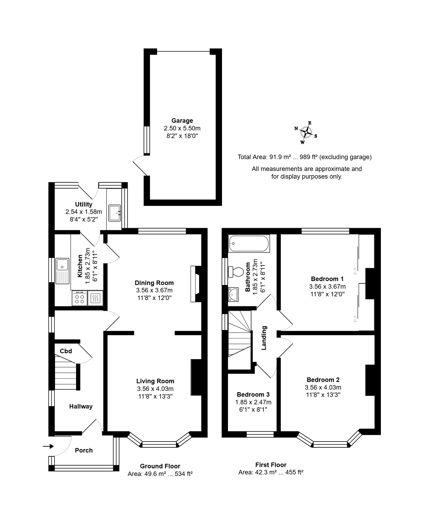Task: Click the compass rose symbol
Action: pyautogui.click(x=306, y=133)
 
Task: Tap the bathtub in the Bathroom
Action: pyautogui.click(x=249, y=244)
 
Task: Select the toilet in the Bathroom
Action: pyautogui.click(x=236, y=272)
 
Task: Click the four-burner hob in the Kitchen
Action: pyautogui.click(x=79, y=298)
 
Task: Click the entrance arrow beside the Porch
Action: pyautogui.click(x=48, y=446)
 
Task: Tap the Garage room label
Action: pyautogui.click(x=182, y=121)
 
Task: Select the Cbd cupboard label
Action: pyautogui.click(x=66, y=351)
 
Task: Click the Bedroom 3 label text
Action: pyautogui.click(x=253, y=394)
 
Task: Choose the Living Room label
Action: pyautogui.click(x=155, y=381)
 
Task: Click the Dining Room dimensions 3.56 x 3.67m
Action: pyautogui.click(x=154, y=290)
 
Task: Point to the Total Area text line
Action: pyautogui.click(x=305, y=157)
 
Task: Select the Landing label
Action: pyautogui.click(x=264, y=338)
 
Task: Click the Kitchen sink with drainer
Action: pyautogui.click(x=62, y=271)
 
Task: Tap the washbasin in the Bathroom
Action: pyautogui.click(x=233, y=294)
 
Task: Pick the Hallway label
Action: pyautogui.click(x=81, y=406)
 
